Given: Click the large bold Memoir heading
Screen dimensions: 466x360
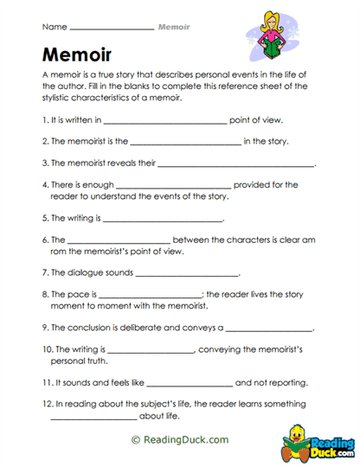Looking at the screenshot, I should [76, 56].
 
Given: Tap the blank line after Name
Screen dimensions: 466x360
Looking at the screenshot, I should [110, 28].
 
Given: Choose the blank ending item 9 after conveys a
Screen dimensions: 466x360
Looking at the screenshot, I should [269, 329].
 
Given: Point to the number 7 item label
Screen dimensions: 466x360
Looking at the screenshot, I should [44, 273].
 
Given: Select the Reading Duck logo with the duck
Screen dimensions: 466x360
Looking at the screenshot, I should [318, 440].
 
